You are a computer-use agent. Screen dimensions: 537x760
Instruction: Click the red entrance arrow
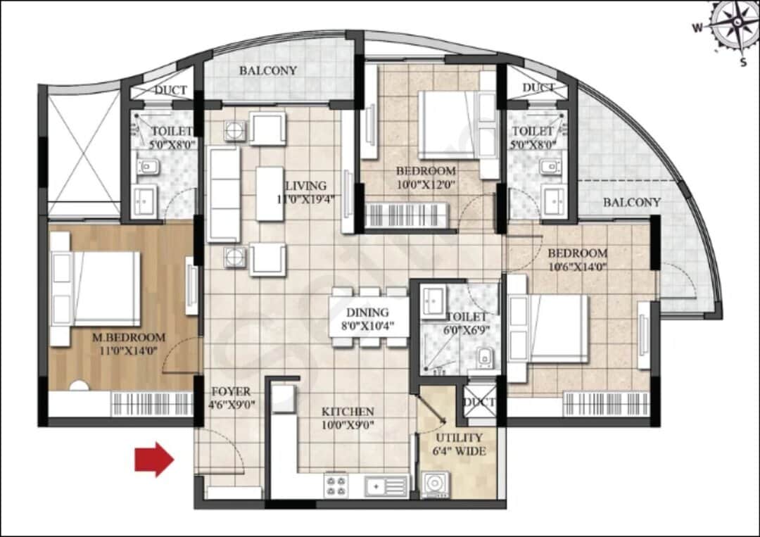tap(154, 460)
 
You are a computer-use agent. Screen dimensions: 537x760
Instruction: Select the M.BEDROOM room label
tap(129, 337)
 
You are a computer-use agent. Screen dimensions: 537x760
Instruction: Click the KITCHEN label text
tap(348, 411)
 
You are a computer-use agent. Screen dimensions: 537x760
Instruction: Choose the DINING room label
tap(367, 313)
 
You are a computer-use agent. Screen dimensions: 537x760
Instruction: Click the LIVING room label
tap(305, 186)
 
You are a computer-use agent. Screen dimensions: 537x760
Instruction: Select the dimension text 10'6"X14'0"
tap(577, 267)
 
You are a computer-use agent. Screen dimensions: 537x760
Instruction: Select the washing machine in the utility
tap(438, 484)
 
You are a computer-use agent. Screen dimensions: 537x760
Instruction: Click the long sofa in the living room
tap(224, 196)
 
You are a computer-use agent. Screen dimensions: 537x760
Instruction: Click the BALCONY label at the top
tap(267, 71)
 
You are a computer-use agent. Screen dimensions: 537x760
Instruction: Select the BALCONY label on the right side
tap(631, 203)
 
